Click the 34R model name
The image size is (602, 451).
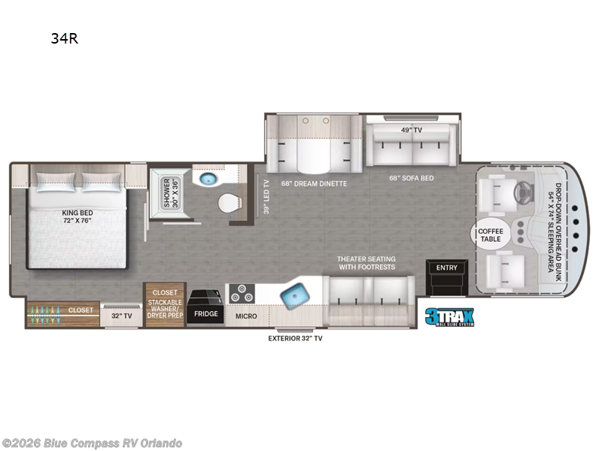tap(65, 38)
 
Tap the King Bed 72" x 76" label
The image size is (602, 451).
tap(78, 216)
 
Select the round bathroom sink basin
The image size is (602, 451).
tap(208, 178)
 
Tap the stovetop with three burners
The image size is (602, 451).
tap(242, 293)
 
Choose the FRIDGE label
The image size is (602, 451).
tap(205, 313)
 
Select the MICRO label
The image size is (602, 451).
tap(246, 316)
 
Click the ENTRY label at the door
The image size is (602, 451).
tap(446, 268)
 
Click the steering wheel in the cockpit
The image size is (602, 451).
tap(522, 191)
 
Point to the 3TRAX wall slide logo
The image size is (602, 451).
tap(449, 317)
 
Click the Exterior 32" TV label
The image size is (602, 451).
tap(295, 338)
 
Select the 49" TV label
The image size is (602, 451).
tap(412, 130)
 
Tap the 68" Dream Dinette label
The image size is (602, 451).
tap(314, 183)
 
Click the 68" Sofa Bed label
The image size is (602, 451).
tap(412, 178)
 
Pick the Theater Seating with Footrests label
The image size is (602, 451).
tap(366, 263)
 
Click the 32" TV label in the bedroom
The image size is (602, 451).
tap(121, 316)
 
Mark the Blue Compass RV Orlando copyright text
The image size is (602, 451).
tap(92, 443)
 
